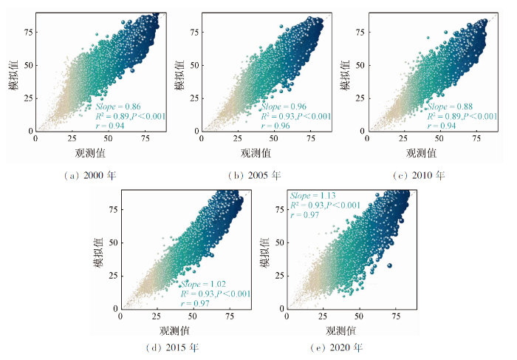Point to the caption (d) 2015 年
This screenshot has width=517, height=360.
tap(171, 347)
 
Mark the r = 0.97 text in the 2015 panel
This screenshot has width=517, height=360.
tap(194, 303)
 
